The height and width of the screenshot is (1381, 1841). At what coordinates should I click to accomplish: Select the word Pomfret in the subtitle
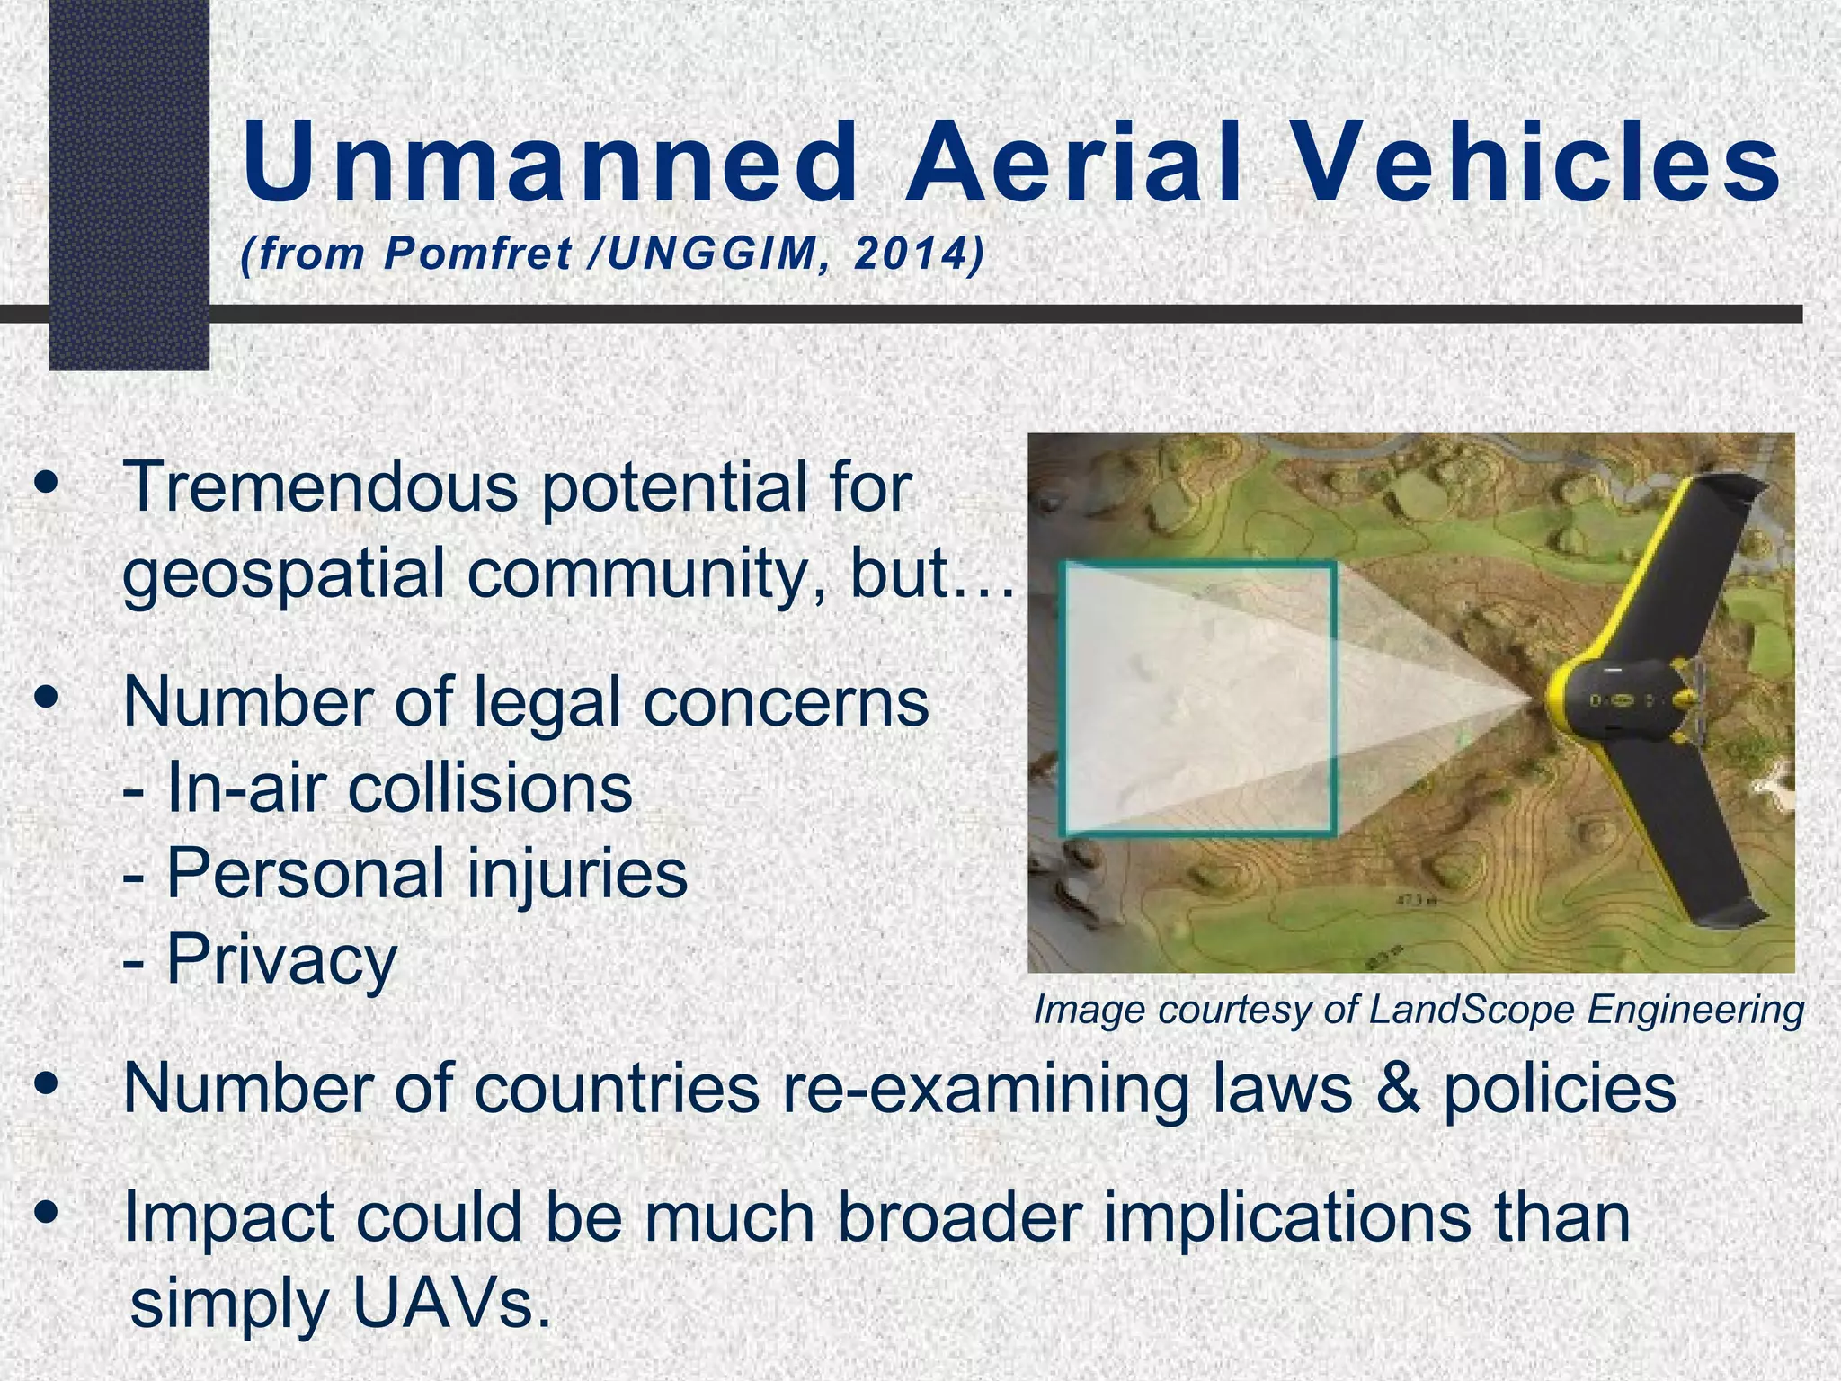477,254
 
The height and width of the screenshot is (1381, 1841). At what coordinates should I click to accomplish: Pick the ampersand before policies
1397,1089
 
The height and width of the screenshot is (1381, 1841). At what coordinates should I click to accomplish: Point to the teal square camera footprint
1197,698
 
